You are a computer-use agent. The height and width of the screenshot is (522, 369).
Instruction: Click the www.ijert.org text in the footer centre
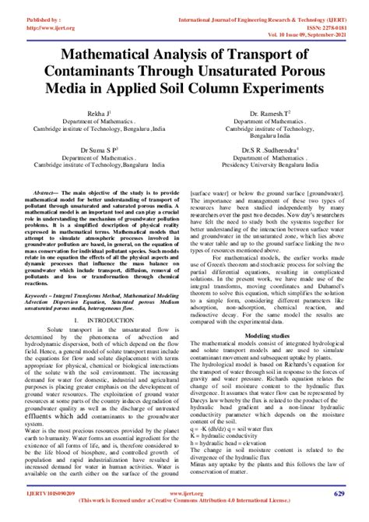coord(184,496)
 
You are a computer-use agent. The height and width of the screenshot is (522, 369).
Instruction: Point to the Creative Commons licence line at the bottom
coord(184,505)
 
